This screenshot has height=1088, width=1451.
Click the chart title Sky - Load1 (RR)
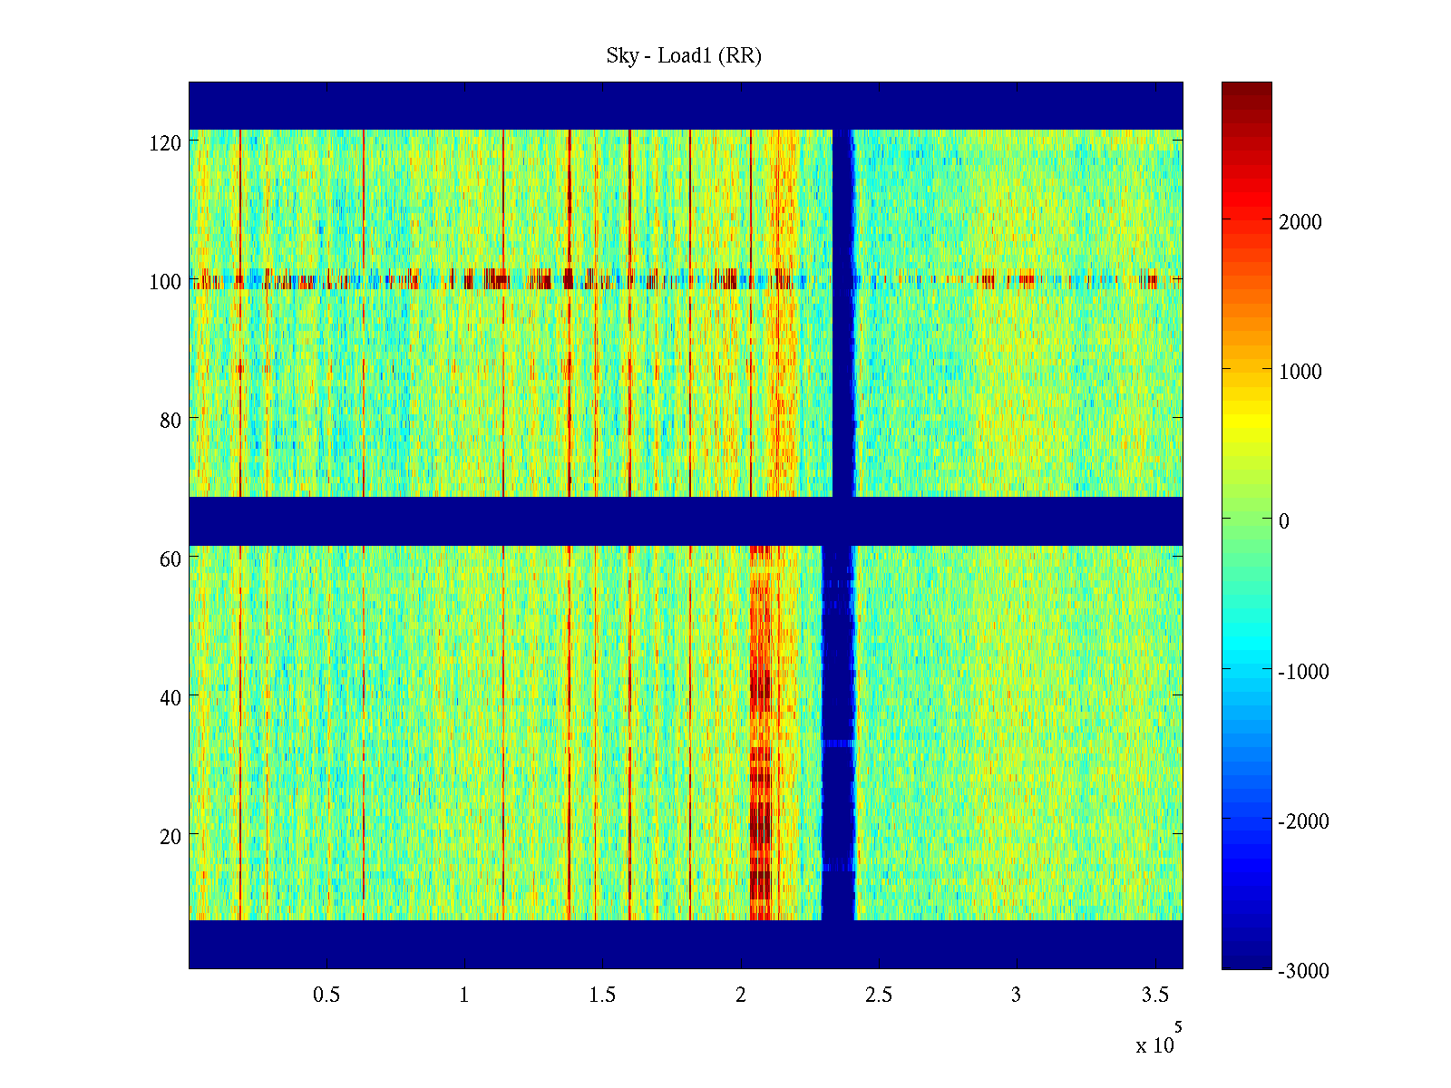click(x=684, y=56)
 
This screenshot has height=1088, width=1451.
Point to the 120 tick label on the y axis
click(x=165, y=143)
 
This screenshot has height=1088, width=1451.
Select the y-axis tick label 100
click(x=165, y=282)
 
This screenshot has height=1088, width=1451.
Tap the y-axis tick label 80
click(x=170, y=421)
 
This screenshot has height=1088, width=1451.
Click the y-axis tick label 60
click(x=170, y=559)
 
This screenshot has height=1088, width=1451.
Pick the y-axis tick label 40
click(x=170, y=698)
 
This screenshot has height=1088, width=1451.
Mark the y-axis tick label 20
click(x=170, y=837)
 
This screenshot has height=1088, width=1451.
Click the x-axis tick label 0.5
click(x=326, y=996)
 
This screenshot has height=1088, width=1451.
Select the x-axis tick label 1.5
click(x=602, y=996)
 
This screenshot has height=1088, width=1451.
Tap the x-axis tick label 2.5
click(x=879, y=996)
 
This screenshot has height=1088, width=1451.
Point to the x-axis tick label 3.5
click(x=1154, y=996)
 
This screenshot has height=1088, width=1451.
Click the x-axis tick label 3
click(x=1016, y=996)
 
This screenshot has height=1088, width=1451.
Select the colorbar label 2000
click(x=1300, y=223)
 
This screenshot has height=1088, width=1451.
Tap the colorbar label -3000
click(x=1303, y=971)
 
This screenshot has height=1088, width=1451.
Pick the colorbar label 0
click(x=1283, y=521)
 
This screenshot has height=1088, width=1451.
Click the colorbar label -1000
click(x=1303, y=672)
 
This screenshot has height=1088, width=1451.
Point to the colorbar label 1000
click(x=1300, y=372)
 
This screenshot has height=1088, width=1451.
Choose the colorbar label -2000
click(x=1303, y=821)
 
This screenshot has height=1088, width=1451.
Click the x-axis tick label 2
click(x=740, y=996)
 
